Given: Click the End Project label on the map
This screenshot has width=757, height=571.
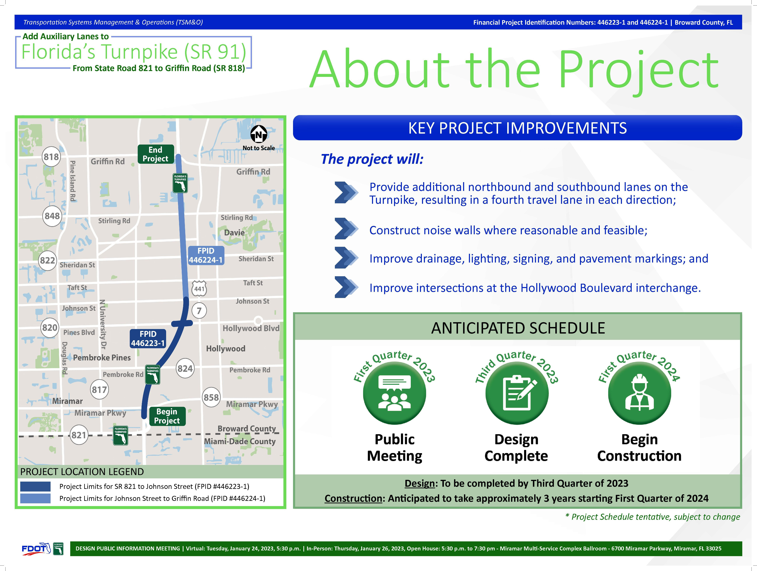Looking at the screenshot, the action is pyautogui.click(x=156, y=154).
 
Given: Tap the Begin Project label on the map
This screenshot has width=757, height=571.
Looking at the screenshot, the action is pyautogui.click(x=167, y=416).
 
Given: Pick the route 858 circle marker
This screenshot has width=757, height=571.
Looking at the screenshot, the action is pyautogui.click(x=211, y=397).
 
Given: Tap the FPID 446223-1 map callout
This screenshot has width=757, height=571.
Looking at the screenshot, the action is pyautogui.click(x=148, y=338).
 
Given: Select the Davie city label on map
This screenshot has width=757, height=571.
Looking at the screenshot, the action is pyautogui.click(x=234, y=233).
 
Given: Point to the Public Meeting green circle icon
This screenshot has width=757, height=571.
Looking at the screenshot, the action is pyautogui.click(x=395, y=393).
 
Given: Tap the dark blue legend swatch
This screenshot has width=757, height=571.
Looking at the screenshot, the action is pyautogui.click(x=35, y=486).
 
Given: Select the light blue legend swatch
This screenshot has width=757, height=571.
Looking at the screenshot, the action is pyautogui.click(x=35, y=498).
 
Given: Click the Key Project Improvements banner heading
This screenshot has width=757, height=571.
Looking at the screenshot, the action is pyautogui.click(x=517, y=128).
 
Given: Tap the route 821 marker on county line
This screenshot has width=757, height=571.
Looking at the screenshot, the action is pyautogui.click(x=79, y=435).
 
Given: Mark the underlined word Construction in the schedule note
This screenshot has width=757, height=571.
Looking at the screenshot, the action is pyautogui.click(x=353, y=498).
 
